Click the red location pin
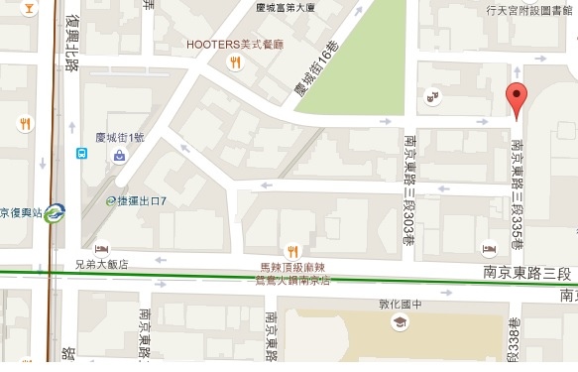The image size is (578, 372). click(x=517, y=99)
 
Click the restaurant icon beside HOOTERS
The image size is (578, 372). click(x=235, y=63)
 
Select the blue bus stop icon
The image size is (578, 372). click(x=81, y=154)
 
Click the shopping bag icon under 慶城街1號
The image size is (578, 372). click(x=119, y=156)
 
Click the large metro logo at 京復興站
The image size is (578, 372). click(x=55, y=211)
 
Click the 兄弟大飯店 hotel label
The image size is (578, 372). click(x=101, y=265)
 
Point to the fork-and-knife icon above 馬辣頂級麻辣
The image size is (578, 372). click(x=291, y=250)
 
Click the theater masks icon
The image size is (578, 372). click(x=432, y=96)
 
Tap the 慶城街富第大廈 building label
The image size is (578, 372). click(x=285, y=7)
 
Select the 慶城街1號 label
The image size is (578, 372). click(x=119, y=137)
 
